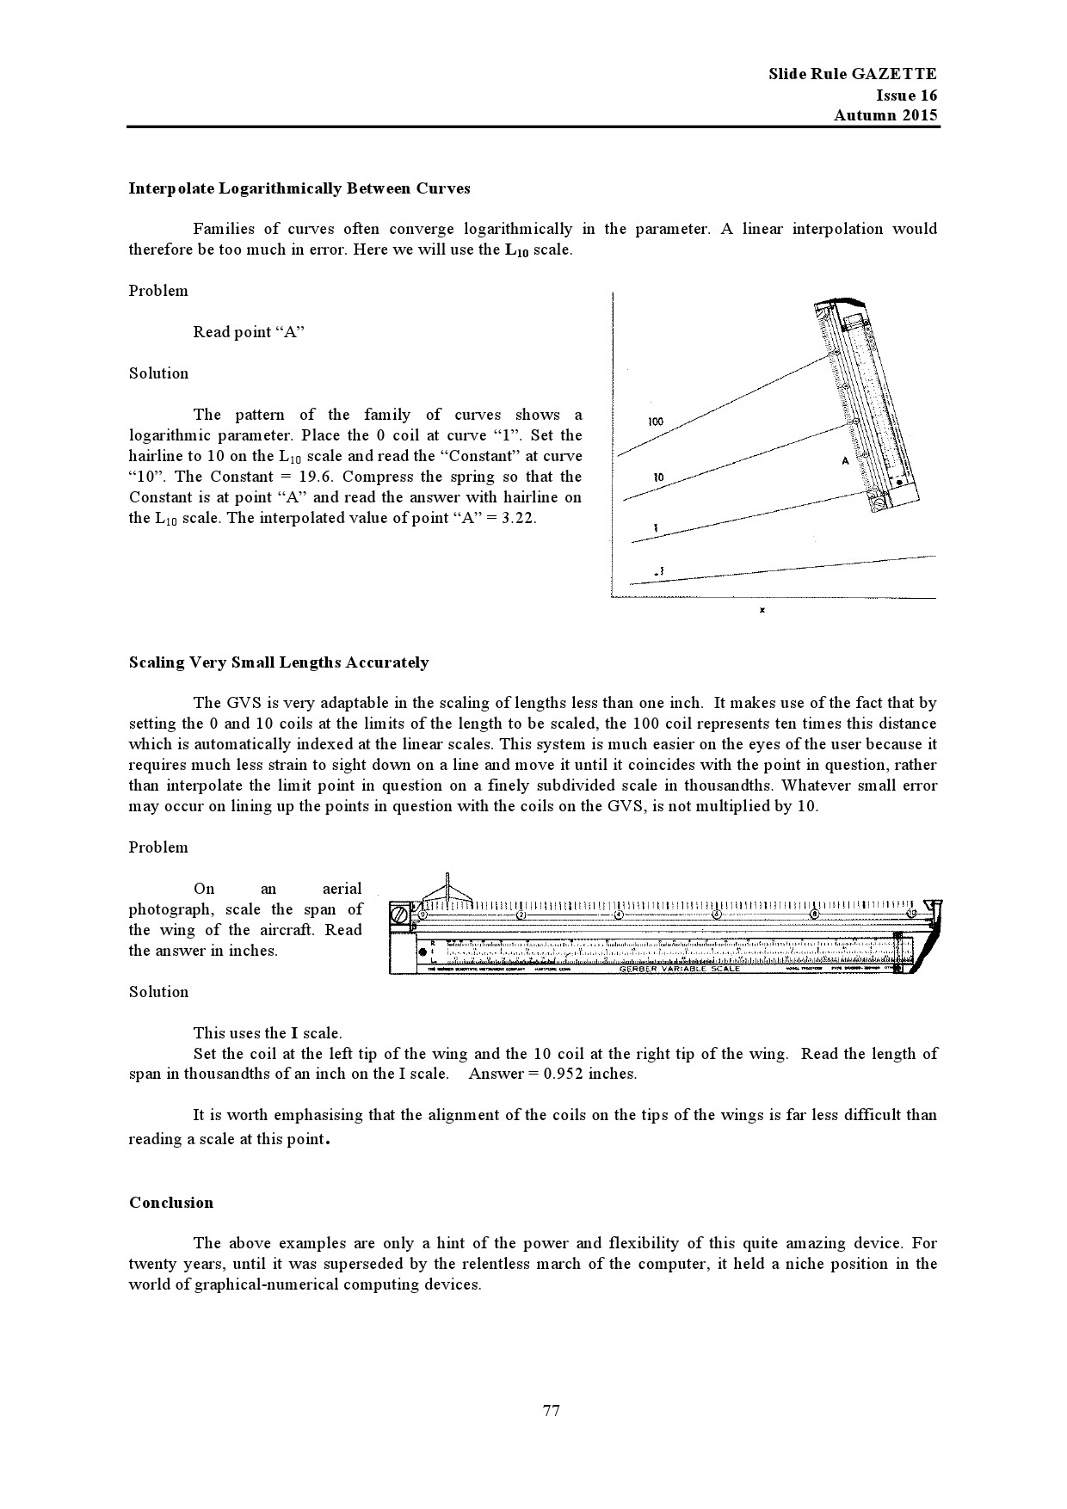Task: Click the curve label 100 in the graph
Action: pos(656,422)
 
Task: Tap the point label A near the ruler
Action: pos(845,461)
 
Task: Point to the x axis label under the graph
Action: pos(762,610)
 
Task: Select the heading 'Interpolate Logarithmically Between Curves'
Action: pos(299,188)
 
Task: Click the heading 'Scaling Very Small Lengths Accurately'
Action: pos(279,662)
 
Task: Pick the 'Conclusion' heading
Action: pos(171,1203)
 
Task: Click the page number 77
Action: pos(552,1410)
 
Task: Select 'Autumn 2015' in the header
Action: pos(885,116)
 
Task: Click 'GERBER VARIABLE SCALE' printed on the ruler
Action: pos(679,969)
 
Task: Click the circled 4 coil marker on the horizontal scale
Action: pos(618,914)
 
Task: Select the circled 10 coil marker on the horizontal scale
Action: pos(912,914)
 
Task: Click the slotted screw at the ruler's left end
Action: pos(400,916)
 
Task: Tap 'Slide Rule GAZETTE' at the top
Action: pos(852,74)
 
